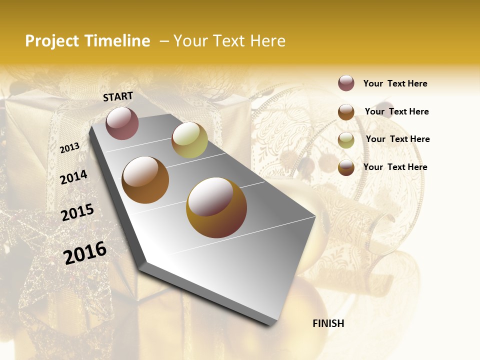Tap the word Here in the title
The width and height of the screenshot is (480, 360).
[267, 41]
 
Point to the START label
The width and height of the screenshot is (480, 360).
[118, 96]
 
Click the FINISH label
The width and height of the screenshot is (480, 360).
[328, 323]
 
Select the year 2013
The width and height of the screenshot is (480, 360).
[70, 147]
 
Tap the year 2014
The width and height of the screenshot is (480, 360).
[74, 177]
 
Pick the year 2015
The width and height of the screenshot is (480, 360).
[77, 212]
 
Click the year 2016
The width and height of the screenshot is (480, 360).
[85, 252]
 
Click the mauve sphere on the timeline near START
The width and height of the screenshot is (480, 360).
[122, 123]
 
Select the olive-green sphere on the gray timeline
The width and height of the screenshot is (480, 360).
[189, 140]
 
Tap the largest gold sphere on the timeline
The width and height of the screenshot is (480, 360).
[216, 207]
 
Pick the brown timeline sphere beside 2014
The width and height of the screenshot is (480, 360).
[145, 180]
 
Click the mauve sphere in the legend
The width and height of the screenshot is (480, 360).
[346, 83]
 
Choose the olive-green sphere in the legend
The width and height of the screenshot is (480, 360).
[346, 140]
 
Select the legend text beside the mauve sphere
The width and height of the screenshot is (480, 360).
[395, 83]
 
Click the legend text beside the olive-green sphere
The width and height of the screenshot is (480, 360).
[397, 139]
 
